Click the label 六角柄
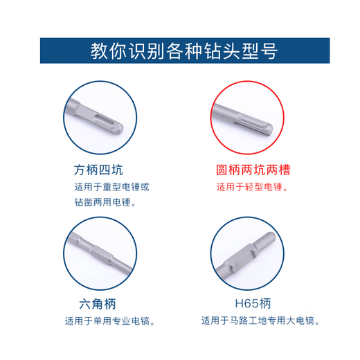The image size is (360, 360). click(101, 304)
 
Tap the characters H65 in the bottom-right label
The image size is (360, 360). click(243, 304)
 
